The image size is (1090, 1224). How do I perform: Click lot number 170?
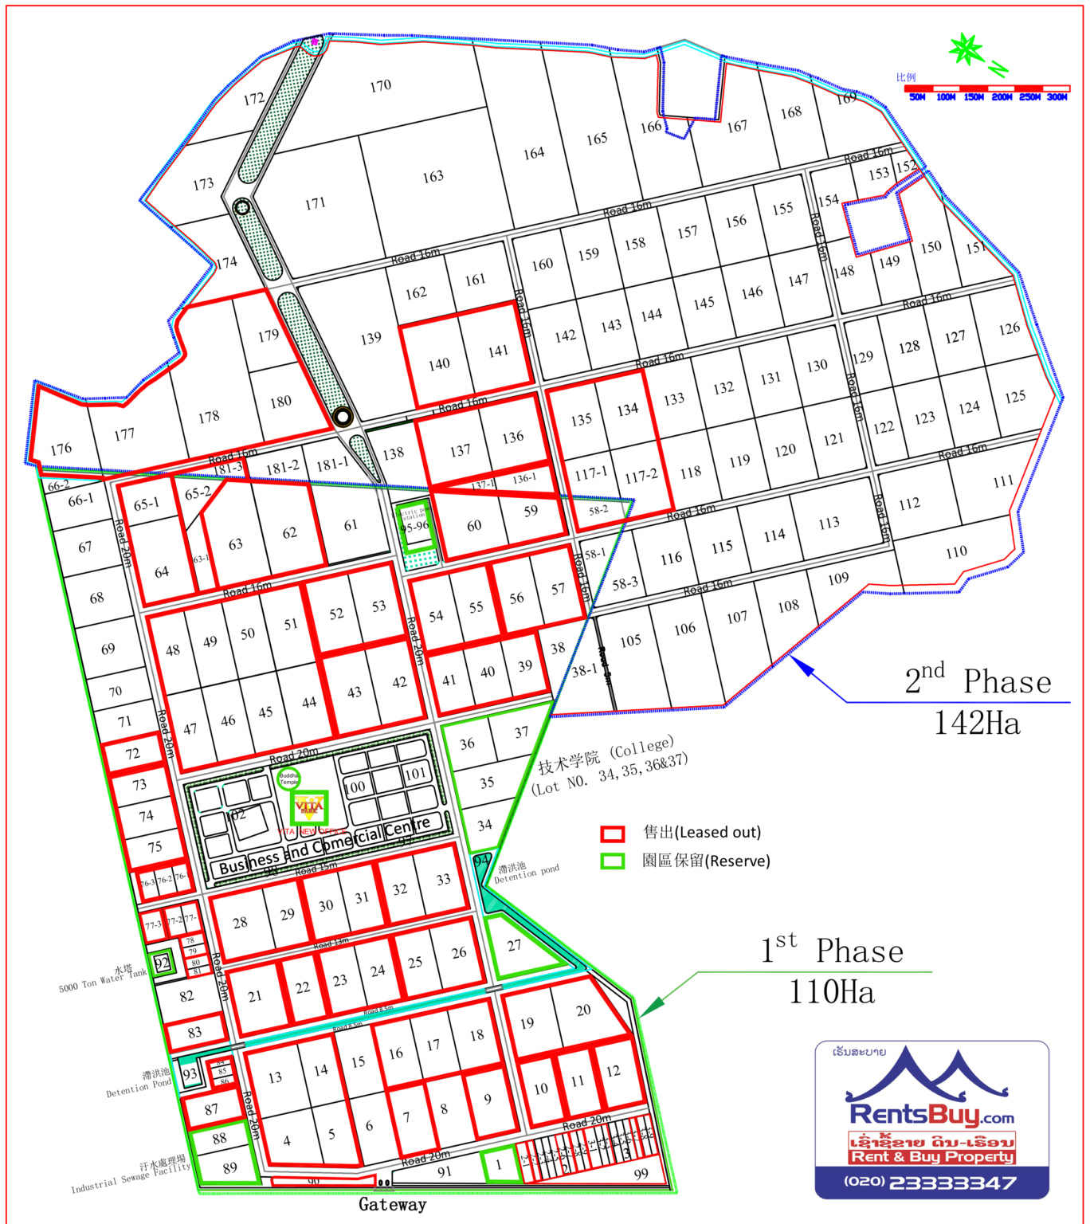point(380,85)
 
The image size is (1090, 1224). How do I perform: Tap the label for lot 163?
point(433,176)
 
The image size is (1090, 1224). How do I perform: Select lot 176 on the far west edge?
point(61,449)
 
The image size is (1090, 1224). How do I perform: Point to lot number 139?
point(371,338)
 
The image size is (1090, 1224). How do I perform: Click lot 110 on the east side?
point(956,551)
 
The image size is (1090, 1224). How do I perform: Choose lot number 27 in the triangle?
point(514,945)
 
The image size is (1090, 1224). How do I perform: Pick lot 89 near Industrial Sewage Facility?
point(229,1168)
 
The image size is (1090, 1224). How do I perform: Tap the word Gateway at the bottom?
point(392,1204)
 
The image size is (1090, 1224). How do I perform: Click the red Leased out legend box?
point(612,834)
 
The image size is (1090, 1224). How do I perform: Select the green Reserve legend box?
point(612,861)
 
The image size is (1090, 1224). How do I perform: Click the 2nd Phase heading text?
point(978,681)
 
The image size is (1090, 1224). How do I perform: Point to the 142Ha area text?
point(977,723)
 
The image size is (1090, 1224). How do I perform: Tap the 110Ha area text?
point(831,992)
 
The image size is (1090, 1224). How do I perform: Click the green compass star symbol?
point(966,50)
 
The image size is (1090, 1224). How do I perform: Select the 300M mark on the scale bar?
point(1057,97)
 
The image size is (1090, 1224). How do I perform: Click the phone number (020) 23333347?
point(931,1183)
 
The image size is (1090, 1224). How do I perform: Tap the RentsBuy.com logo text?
point(931,1114)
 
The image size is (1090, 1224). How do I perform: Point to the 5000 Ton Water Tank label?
point(104,980)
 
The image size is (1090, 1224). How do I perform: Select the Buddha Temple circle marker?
point(288,779)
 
